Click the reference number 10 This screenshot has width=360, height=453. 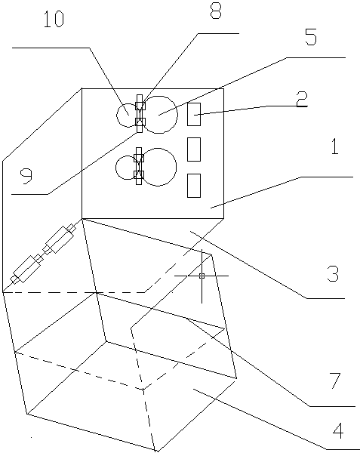point(54,20)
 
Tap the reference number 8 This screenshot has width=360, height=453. point(216,10)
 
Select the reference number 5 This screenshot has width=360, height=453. point(311,37)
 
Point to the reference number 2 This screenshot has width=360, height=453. point(301,100)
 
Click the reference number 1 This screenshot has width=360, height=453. point(334,146)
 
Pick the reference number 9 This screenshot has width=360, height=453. point(26,177)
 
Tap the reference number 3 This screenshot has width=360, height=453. point(333,273)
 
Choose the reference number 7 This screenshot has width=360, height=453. point(335,381)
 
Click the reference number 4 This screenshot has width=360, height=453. point(338,430)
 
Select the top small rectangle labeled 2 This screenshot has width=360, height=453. point(194,114)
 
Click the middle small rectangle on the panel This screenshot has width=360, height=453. point(194,149)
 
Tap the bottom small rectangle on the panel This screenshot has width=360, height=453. point(194,186)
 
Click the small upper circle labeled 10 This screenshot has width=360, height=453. point(117,116)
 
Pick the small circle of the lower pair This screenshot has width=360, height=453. point(115,168)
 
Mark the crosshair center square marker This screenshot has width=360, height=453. point(202,276)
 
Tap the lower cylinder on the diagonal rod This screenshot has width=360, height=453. point(26,269)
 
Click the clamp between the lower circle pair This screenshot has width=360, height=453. point(139,166)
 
